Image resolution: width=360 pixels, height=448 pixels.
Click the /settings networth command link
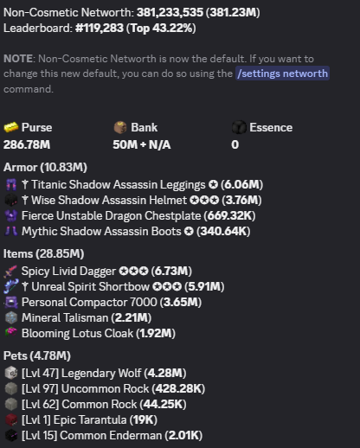tap(282, 74)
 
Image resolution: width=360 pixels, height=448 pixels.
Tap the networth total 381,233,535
tap(170, 12)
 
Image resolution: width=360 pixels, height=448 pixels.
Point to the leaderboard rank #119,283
tap(100, 29)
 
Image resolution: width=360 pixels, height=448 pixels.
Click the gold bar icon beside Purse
tap(11, 127)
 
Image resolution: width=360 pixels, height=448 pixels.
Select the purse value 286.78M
tap(27, 144)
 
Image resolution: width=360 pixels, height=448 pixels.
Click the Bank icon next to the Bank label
tap(120, 127)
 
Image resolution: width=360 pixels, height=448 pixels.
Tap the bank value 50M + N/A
tap(142, 144)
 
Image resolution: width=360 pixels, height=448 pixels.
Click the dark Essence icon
tap(239, 127)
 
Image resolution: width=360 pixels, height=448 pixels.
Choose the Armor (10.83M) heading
tap(45, 167)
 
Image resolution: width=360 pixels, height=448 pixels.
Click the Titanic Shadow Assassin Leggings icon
tap(11, 184)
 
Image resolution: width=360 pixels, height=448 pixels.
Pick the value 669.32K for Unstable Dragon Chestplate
tap(229, 215)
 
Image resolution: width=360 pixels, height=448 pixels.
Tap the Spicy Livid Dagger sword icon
tap(11, 272)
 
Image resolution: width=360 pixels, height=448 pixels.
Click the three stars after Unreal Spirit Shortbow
tap(167, 286)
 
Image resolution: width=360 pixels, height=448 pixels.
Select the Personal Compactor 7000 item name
tap(89, 302)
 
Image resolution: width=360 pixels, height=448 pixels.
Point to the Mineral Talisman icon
tap(11, 317)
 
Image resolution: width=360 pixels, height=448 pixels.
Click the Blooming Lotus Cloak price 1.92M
tap(156, 333)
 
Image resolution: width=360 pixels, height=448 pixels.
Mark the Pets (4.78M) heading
tap(37, 355)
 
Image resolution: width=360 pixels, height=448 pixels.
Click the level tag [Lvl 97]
tap(40, 388)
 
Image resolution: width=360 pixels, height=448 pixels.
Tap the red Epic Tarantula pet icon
tap(11, 419)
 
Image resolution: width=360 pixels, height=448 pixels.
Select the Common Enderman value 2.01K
tap(183, 435)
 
